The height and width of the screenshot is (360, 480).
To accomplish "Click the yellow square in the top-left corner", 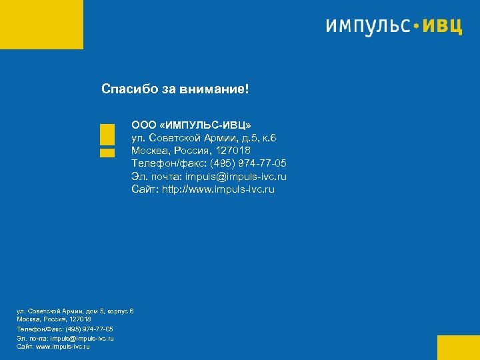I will [41, 25].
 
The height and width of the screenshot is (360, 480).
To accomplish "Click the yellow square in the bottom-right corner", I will [458, 347].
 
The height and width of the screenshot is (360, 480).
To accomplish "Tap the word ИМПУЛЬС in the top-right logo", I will [367, 26].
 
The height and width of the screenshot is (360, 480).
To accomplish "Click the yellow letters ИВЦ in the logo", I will [443, 26].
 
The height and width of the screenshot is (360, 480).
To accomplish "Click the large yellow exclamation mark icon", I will [107, 139].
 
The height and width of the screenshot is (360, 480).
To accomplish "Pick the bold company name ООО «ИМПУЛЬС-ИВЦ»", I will [191, 125].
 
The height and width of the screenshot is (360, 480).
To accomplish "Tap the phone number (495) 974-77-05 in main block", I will [249, 163].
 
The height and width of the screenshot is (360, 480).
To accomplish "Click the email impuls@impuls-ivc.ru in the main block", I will [236, 177].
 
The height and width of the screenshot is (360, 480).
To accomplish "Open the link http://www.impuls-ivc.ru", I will [219, 189].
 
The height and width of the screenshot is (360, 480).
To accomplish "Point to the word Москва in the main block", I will [150, 151].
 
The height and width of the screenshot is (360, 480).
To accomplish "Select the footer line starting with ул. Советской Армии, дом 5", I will [75, 311].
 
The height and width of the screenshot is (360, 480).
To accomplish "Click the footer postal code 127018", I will [81, 319].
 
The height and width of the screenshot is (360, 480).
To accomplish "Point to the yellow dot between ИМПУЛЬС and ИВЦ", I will [417, 27].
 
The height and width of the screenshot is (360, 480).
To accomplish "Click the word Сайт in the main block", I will [145, 189].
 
